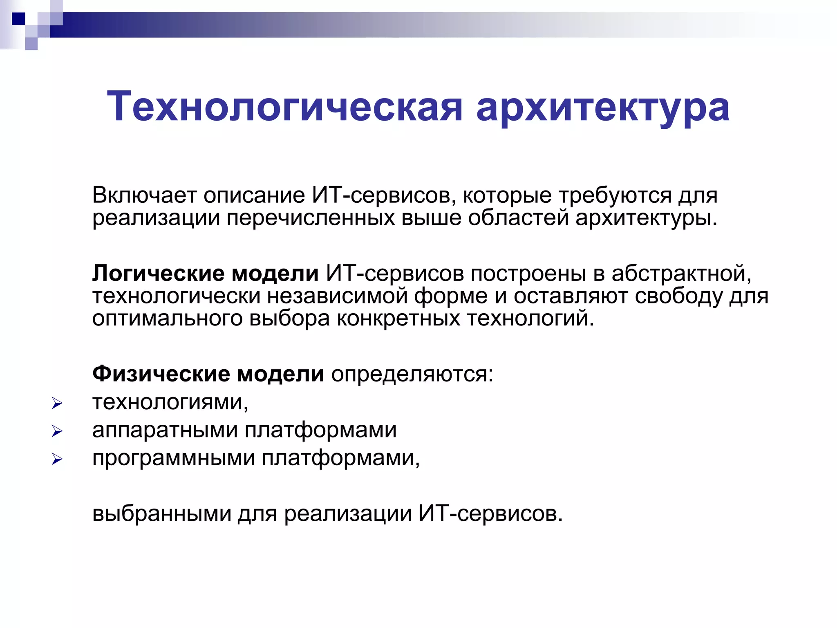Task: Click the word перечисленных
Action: [311, 218]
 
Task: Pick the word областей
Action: [518, 218]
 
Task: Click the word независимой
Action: [337, 296]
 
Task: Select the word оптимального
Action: [167, 319]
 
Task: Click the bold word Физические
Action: [161, 374]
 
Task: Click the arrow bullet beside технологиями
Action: [57, 404]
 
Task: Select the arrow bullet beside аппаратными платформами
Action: [57, 431]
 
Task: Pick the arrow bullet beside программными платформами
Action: [57, 459]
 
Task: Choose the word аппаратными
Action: [165, 430]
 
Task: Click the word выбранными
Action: [162, 514]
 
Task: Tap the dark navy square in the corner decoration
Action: [18, 19]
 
